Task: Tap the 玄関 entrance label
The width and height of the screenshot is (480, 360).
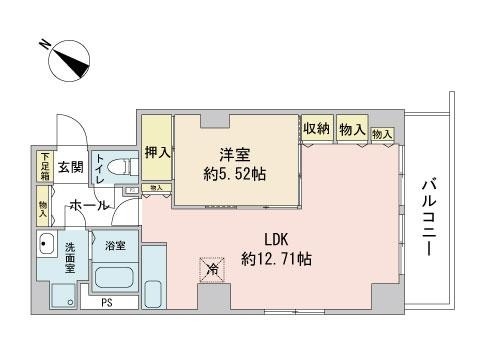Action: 69,167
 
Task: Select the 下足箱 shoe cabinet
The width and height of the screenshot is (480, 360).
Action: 45,165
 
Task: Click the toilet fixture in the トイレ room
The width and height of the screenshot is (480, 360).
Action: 116,170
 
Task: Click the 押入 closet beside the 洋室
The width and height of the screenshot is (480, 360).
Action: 156,153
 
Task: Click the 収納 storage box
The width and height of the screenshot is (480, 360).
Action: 317,129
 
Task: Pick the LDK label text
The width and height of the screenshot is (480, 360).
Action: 276,239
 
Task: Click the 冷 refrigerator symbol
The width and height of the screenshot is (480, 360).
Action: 211,268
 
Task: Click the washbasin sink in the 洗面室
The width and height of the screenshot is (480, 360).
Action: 47,243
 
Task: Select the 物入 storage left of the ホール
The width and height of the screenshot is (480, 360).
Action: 44,207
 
